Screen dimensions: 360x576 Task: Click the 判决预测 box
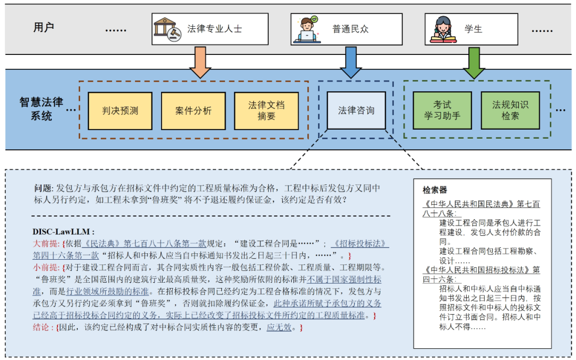(120, 111)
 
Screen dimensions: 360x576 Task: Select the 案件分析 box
(193, 111)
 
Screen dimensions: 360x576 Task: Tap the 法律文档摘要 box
(266, 111)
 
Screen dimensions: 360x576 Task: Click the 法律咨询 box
(356, 111)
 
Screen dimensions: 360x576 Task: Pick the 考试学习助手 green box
(442, 110)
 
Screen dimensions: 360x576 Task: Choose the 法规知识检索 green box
(510, 110)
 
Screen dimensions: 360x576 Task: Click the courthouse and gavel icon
(166, 29)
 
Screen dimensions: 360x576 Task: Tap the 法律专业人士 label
(214, 29)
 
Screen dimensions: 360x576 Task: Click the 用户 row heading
(44, 27)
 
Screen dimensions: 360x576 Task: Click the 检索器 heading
(435, 190)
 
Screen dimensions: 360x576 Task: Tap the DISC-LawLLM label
(63, 231)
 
